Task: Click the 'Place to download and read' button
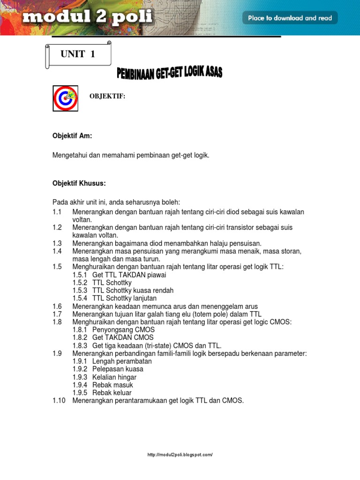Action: click(x=290, y=18)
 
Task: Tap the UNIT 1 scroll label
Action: click(x=78, y=54)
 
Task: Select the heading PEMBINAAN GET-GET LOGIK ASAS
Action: click(x=169, y=73)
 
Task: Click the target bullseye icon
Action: click(x=65, y=98)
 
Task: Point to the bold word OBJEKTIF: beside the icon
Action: click(x=107, y=96)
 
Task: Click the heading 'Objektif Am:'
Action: click(x=72, y=136)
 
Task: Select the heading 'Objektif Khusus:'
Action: click(x=79, y=183)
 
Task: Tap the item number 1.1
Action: click(x=57, y=212)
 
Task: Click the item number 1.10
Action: click(x=59, y=401)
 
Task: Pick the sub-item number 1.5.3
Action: click(x=80, y=291)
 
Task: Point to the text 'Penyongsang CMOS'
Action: click(x=117, y=330)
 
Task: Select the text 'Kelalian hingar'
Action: click(x=114, y=377)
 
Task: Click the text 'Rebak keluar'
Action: click(x=112, y=393)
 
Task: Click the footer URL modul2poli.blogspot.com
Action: click(x=180, y=455)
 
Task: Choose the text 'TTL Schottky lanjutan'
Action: click(x=124, y=298)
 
